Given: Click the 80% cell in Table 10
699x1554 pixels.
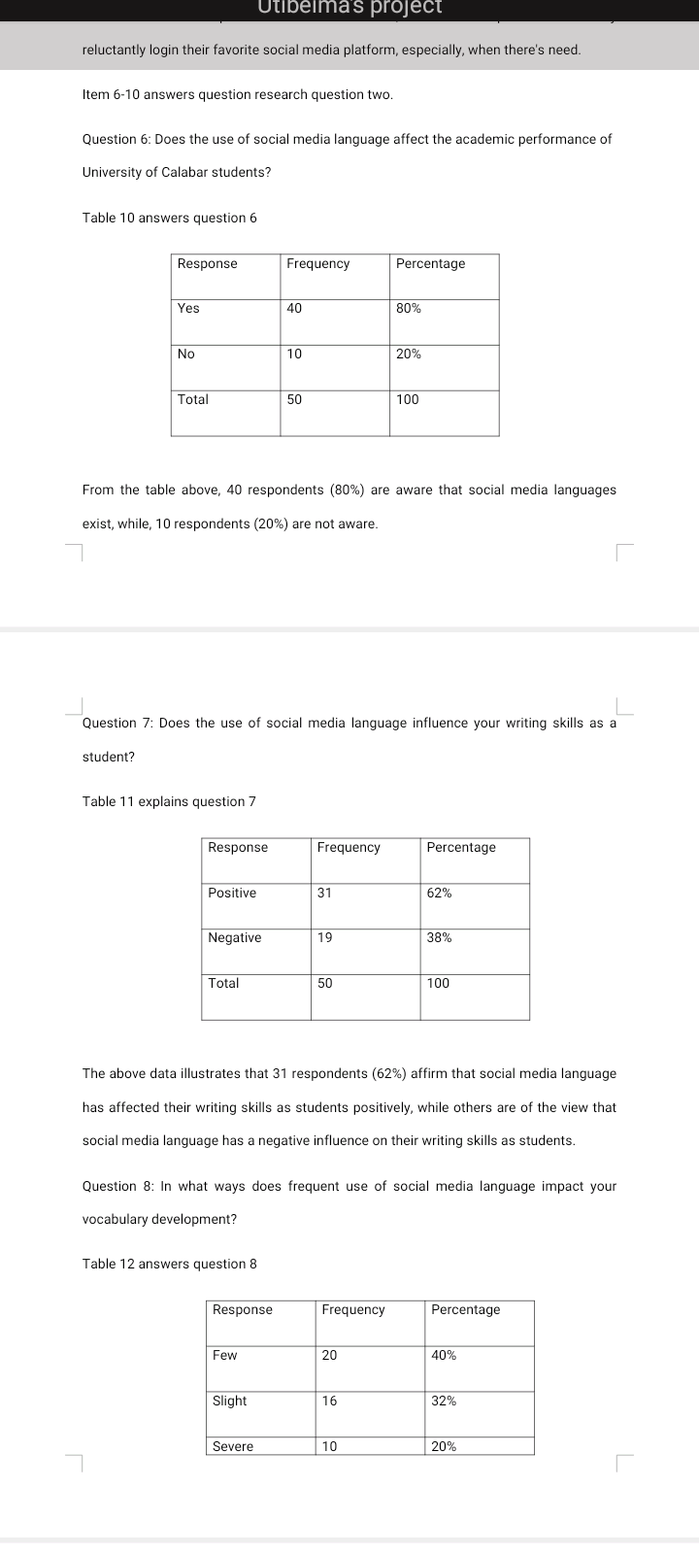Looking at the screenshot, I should pyautogui.click(x=409, y=309).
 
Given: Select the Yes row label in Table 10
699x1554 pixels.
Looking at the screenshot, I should pyautogui.click(x=188, y=309).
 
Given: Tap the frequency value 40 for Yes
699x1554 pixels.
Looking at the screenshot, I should pyautogui.click(x=295, y=309).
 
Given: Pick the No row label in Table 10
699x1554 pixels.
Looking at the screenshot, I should pyautogui.click(x=186, y=355).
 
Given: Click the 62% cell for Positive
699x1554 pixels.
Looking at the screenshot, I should pyautogui.click(x=439, y=893).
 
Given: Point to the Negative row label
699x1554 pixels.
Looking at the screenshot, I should pyautogui.click(x=234, y=938).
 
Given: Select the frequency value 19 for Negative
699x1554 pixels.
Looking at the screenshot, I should pyautogui.click(x=325, y=938).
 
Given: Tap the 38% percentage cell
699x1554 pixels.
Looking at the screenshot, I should pyautogui.click(x=439, y=938).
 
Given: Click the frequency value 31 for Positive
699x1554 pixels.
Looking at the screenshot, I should pyautogui.click(x=325, y=893).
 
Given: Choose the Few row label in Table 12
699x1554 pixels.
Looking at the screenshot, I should pyautogui.click(x=224, y=1356).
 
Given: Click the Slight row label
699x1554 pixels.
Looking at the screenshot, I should pyautogui.click(x=229, y=1402).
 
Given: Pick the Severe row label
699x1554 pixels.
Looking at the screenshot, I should pyautogui.click(x=233, y=1446).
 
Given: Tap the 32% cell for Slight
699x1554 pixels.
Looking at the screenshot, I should pyautogui.click(x=444, y=1402).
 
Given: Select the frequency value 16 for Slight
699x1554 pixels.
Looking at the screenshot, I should pyautogui.click(x=330, y=1402).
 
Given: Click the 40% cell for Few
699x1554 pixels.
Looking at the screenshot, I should pyautogui.click(x=444, y=1356).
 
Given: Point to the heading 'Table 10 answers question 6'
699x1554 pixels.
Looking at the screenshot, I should pyautogui.click(x=170, y=218).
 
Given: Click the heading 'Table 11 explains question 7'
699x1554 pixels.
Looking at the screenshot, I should pyautogui.click(x=169, y=801).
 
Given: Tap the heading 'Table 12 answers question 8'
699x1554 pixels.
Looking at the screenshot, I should pyautogui.click(x=170, y=1264).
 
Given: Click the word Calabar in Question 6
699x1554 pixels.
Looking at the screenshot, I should pyautogui.click(x=190, y=172).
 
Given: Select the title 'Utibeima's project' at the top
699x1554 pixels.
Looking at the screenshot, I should pyautogui.click(x=349, y=8).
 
